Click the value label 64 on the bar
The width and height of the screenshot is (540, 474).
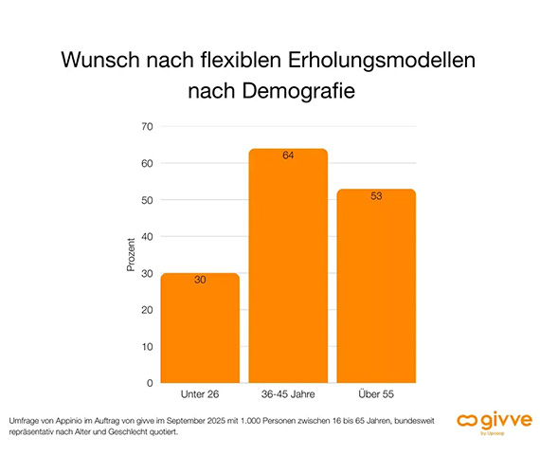pos(288,156)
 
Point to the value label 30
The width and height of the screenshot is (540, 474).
pos(200,281)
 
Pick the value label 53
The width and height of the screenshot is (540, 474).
pos(376,196)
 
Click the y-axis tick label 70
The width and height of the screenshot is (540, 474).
pos(147,126)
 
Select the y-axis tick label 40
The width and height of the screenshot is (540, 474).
pos(147,236)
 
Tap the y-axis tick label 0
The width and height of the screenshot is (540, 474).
pos(150,383)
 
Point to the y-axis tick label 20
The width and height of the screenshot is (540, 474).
pos(147,310)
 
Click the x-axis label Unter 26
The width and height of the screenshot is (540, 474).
pos(200,393)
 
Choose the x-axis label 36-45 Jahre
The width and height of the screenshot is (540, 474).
pos(288,393)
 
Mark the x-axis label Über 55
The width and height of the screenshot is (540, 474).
pos(376,393)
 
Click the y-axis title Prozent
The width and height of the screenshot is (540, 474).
pos(131,254)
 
